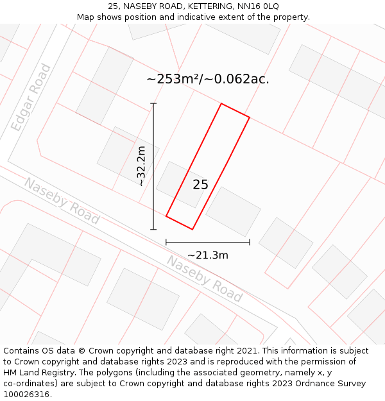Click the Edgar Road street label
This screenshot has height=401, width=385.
[x=31, y=98]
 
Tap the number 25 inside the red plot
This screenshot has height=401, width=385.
[x=200, y=185]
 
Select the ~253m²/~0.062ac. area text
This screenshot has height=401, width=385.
[x=208, y=79]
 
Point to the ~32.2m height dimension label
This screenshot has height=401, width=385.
[x=141, y=166]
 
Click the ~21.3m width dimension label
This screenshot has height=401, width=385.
[x=208, y=255]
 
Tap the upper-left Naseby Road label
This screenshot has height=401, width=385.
[x=62, y=201]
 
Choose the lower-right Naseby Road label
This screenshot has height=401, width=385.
[x=205, y=278]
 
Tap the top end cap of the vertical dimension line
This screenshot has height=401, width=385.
[x=153, y=103]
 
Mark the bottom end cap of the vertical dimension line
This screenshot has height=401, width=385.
[x=153, y=229]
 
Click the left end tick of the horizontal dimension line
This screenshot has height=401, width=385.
[x=166, y=242]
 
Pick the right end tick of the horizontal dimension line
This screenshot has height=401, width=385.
[x=249, y=242]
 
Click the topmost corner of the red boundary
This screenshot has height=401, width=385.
[x=221, y=103]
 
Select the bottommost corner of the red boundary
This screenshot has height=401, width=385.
[x=193, y=229]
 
